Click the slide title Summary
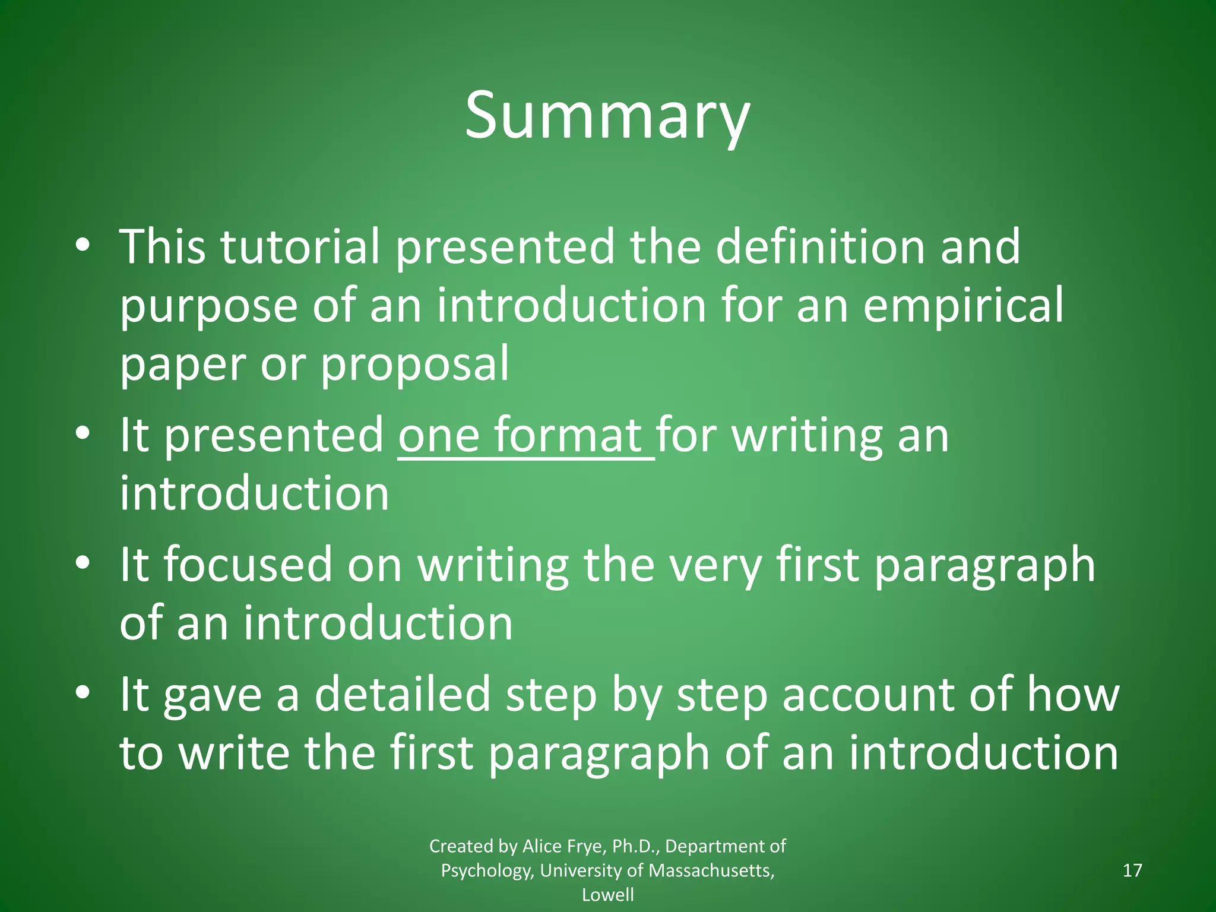click(x=607, y=116)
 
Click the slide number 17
click(x=1132, y=870)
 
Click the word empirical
click(x=963, y=305)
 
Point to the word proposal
click(x=414, y=365)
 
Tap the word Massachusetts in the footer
click(x=711, y=870)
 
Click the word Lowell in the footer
click(x=607, y=895)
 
